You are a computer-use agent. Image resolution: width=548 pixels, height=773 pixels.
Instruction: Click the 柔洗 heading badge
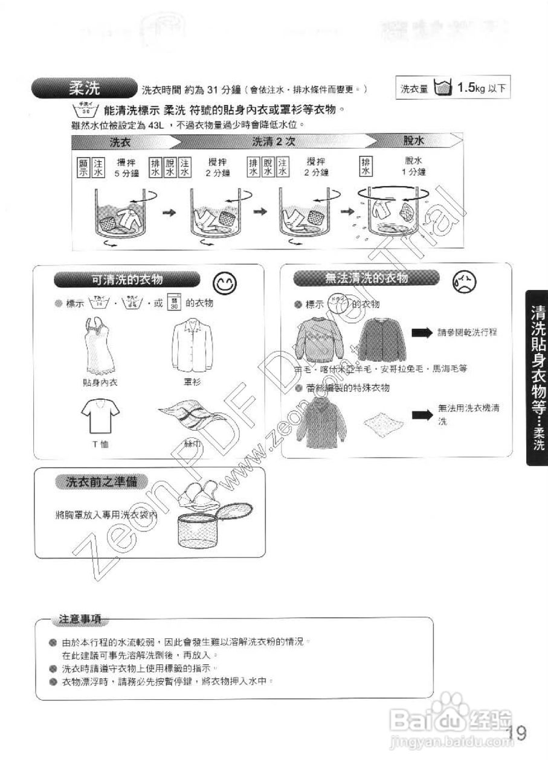(85, 89)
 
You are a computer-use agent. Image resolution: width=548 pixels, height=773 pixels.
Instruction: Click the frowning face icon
(464, 281)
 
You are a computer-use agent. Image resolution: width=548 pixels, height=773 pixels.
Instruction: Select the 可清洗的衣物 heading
(127, 279)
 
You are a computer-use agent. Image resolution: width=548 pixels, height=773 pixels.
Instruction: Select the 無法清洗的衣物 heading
(367, 278)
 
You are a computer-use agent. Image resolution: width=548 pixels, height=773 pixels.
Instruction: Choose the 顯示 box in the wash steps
(83, 167)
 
